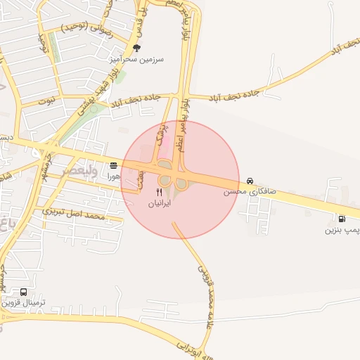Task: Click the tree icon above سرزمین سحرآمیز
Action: coord(136,48)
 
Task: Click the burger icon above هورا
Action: coord(114,166)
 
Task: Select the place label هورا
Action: coord(114,177)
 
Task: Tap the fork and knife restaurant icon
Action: coord(160,191)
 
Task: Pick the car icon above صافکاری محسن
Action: coord(251,179)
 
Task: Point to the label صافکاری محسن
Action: coord(251,191)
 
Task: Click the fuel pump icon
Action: coord(342,218)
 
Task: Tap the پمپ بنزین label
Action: coord(343,230)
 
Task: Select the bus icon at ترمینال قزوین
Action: coord(25,291)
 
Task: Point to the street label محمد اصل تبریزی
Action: coord(73,212)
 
